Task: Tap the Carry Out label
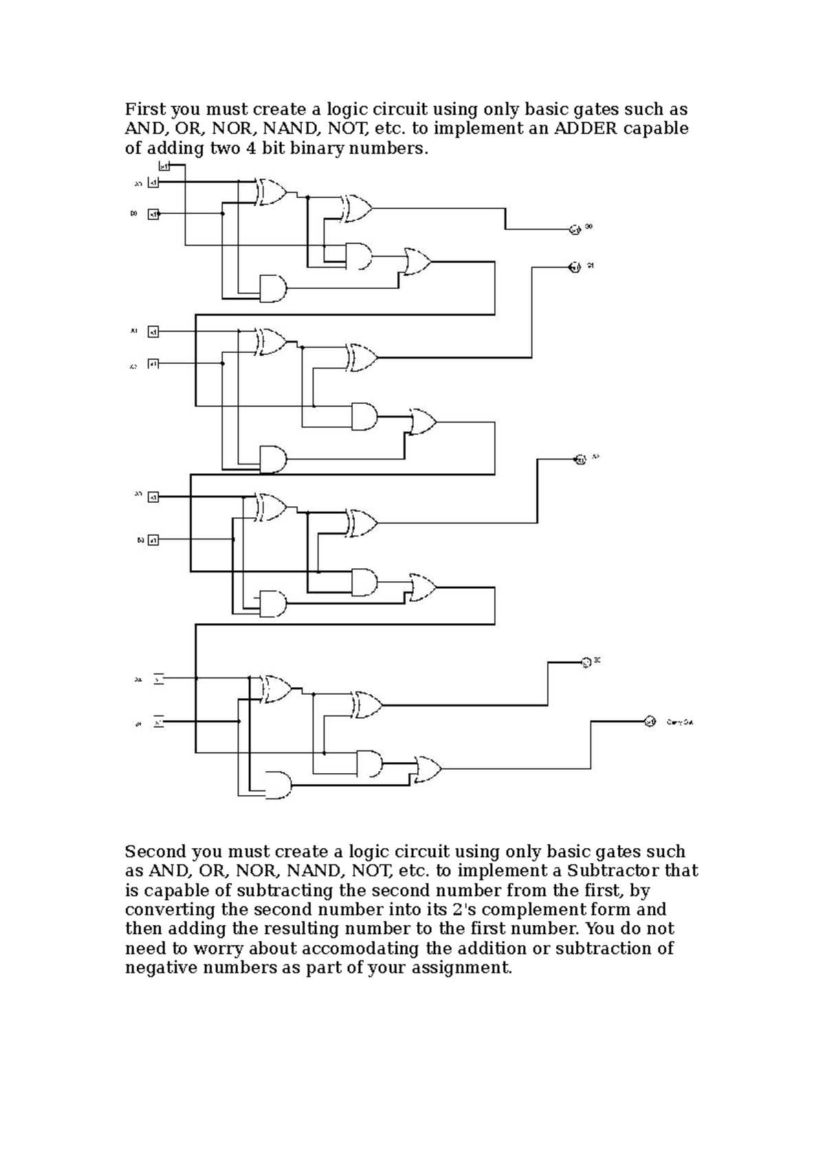[x=680, y=722]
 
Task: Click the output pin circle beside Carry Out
[x=650, y=722]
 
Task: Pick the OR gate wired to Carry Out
[x=428, y=768]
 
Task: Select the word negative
[x=157, y=968]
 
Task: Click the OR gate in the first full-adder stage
[x=417, y=262]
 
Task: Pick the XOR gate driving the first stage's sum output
[x=357, y=208]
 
